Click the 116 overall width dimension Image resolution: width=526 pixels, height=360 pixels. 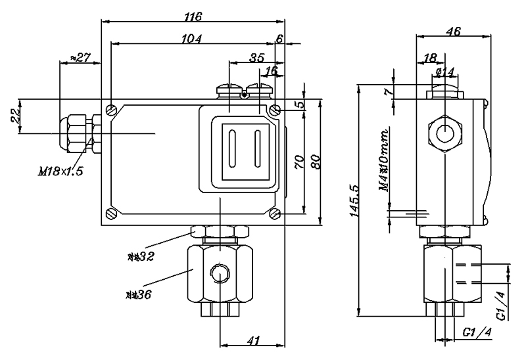193,14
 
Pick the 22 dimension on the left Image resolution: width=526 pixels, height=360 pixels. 15,117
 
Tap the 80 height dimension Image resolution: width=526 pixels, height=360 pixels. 316,162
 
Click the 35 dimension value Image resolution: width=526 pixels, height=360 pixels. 258,58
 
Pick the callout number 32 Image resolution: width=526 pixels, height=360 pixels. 142,256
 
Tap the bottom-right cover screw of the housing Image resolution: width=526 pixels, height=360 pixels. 275,213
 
